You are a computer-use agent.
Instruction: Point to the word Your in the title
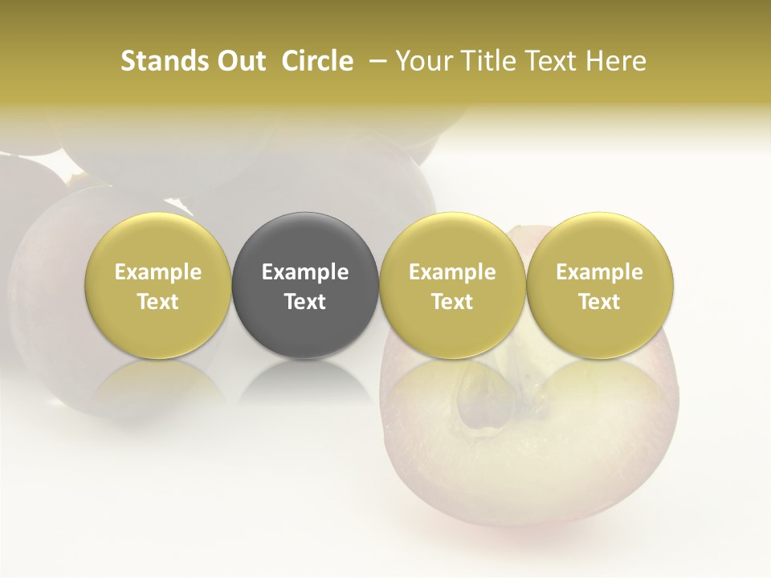pos(421,61)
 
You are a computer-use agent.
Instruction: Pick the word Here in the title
pos(617,61)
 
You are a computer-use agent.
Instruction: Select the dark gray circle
pos(305,286)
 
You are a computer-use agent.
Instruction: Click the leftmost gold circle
pos(158,286)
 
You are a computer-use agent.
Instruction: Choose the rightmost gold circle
pos(599,286)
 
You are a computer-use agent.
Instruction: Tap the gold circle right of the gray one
pos(452,286)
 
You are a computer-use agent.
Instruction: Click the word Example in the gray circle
pos(305,272)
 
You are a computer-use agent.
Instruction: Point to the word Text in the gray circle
pos(305,302)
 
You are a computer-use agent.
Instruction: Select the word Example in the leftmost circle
pos(158,272)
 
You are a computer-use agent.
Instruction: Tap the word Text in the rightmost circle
pos(599,302)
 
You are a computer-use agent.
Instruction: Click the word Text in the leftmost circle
pos(158,302)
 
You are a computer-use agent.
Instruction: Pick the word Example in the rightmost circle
pos(599,272)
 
